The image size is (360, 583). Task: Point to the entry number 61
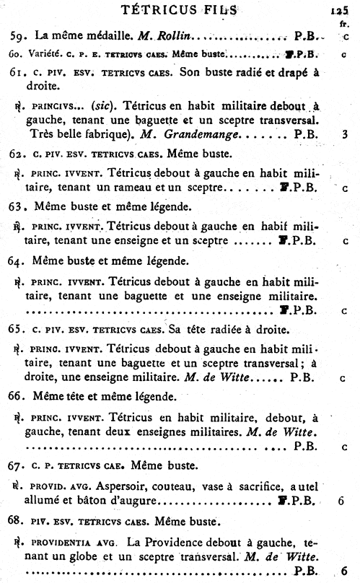[x=17, y=74]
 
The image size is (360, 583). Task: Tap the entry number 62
[x=17, y=154]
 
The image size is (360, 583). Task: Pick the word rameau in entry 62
[x=145, y=188]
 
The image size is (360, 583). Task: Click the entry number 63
[x=17, y=207]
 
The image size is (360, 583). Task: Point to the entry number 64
[x=17, y=260]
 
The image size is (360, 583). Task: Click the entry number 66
[x=17, y=396]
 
